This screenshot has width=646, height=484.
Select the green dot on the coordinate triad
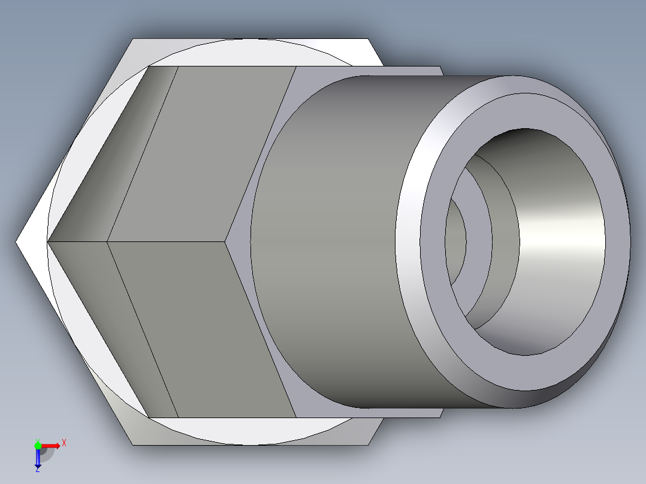pyautogui.click(x=38, y=445)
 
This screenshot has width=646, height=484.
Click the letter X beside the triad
pyautogui.click(x=64, y=443)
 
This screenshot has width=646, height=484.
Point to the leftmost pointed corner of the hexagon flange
pyautogui.click(x=17, y=242)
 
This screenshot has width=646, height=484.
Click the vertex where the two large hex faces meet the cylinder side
pyautogui.click(x=227, y=242)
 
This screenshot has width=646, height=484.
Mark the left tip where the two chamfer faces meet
pyautogui.click(x=48, y=242)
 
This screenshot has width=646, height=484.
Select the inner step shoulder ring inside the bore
pyautogui.click(x=479, y=242)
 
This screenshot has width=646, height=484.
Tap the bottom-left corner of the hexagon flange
pyautogui.click(x=132, y=444)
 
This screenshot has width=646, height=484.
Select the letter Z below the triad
pyautogui.click(x=37, y=470)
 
